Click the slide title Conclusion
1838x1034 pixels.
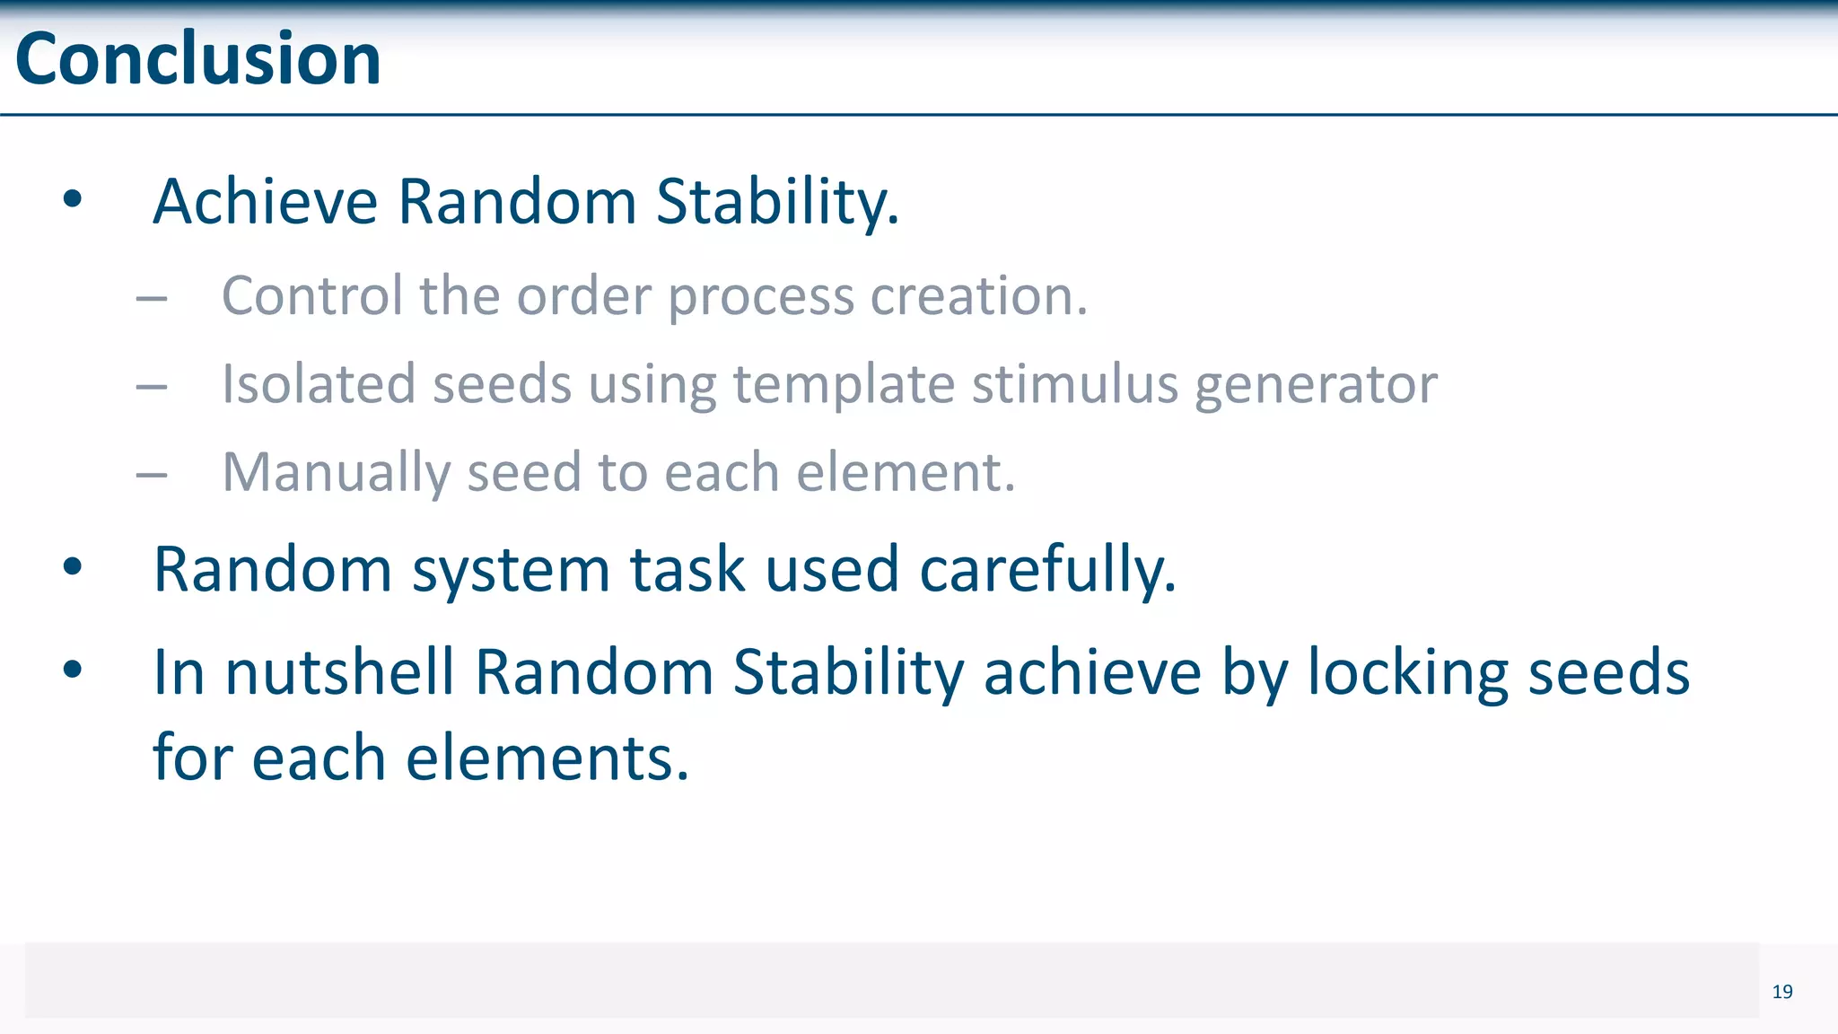pyautogui.click(x=198, y=59)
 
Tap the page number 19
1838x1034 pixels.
pyautogui.click(x=1782, y=992)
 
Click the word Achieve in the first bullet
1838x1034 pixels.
pyautogui.click(x=266, y=202)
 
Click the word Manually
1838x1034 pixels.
pyautogui.click(x=336, y=473)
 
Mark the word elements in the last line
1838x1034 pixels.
pyautogui.click(x=547, y=758)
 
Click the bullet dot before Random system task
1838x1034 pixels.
pyautogui.click(x=73, y=567)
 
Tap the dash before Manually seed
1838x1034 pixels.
pyautogui.click(x=152, y=475)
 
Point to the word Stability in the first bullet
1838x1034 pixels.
pyautogui.click(x=777, y=202)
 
